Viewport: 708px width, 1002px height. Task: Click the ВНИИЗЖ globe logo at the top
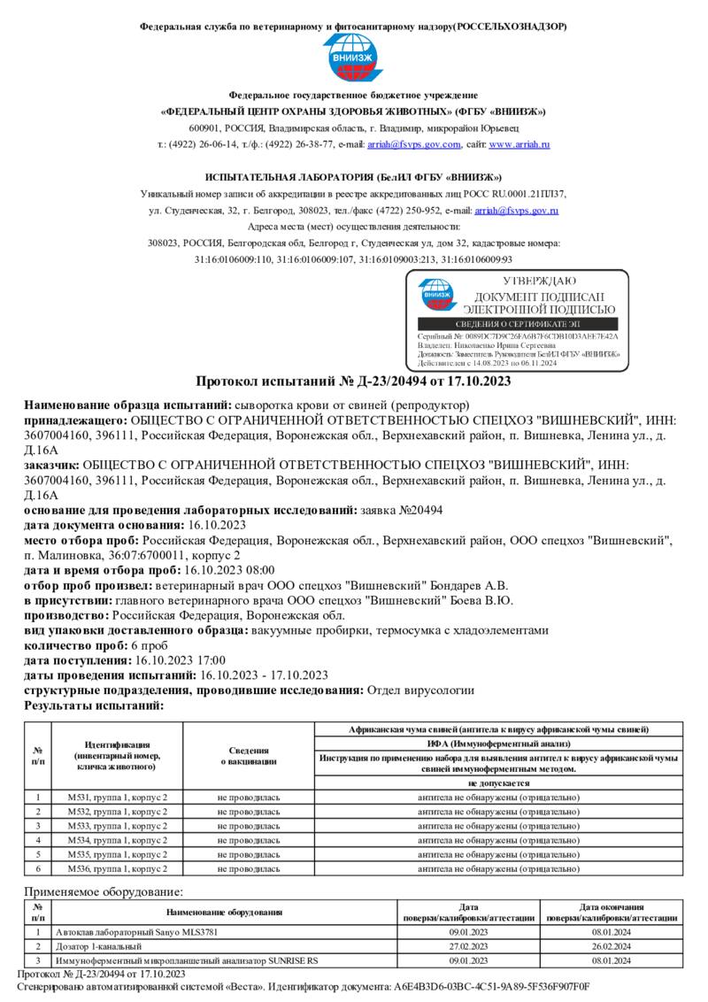(x=353, y=58)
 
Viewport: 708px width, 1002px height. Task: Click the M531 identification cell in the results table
(x=117, y=798)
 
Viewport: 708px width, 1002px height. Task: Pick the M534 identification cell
(x=117, y=839)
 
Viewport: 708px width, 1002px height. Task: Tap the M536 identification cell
(x=117, y=868)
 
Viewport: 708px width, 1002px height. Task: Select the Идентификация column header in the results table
(x=117, y=754)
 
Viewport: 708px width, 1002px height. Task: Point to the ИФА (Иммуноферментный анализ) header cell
(x=498, y=743)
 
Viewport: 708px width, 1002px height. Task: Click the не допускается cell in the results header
(x=498, y=783)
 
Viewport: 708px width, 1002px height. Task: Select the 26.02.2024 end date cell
(x=611, y=946)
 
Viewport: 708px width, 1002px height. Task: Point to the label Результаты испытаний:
(x=94, y=705)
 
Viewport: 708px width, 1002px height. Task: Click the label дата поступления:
(x=78, y=660)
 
